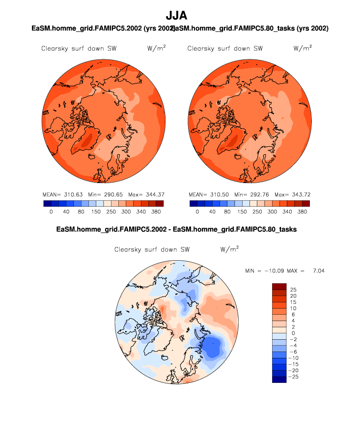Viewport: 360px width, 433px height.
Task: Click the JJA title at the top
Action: [180, 16]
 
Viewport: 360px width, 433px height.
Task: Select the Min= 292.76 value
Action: [249, 194]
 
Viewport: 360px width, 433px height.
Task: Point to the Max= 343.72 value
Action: [292, 194]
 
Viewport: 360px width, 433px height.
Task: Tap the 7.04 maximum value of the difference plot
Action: [318, 271]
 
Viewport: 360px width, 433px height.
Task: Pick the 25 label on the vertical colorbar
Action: [293, 290]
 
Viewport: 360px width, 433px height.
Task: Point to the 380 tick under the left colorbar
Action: [156, 212]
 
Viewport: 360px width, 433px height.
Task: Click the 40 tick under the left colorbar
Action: [66, 212]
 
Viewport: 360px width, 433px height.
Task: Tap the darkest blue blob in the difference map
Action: [213, 348]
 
